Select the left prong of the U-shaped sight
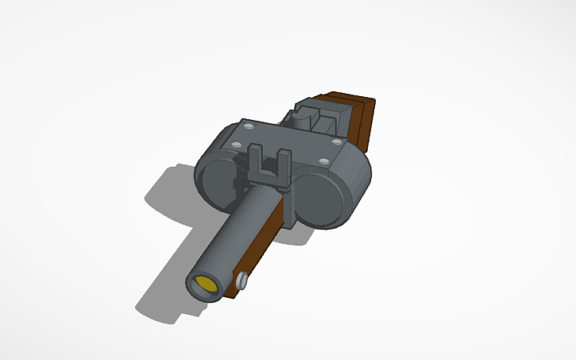click(255, 160)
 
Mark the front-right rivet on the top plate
click(324, 162)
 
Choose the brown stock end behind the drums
click(365, 123)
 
